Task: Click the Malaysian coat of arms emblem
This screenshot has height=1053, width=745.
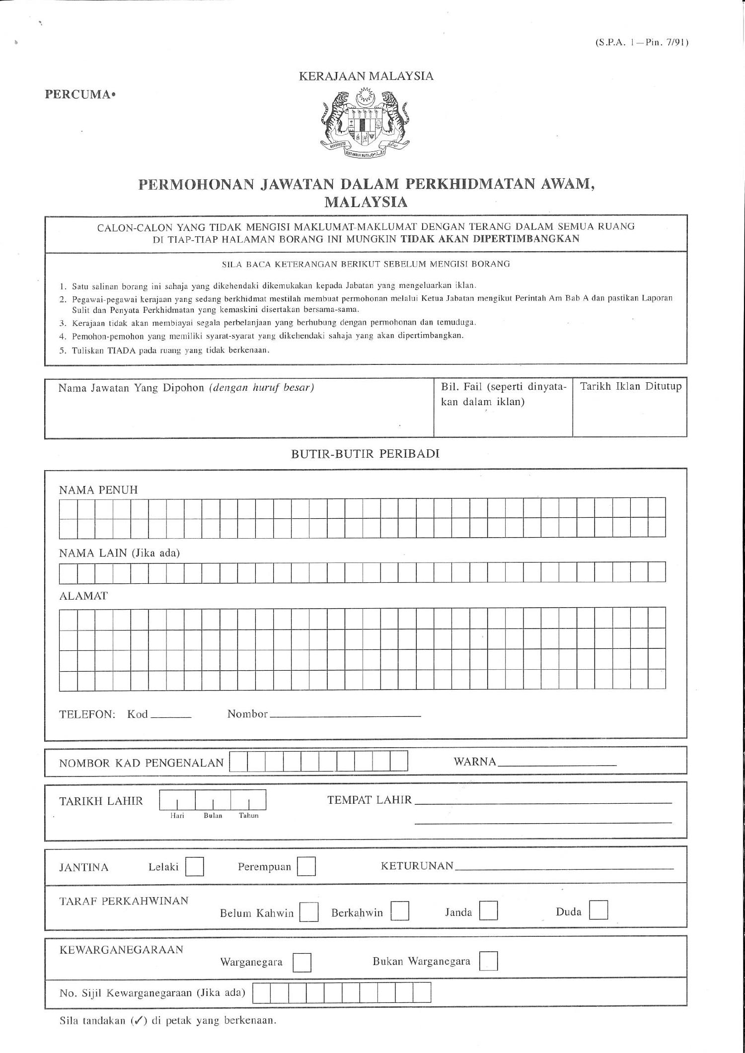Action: pyautogui.click(x=366, y=123)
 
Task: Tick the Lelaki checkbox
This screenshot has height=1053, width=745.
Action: pyautogui.click(x=194, y=867)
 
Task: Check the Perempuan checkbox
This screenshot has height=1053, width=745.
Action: pyautogui.click(x=306, y=867)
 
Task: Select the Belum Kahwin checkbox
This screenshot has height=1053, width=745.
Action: pyautogui.click(x=309, y=913)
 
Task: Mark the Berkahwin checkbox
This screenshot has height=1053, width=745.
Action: pyautogui.click(x=400, y=911)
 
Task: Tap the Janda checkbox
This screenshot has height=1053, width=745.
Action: pyautogui.click(x=489, y=911)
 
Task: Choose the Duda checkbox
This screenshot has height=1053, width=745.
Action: pyautogui.click(x=598, y=910)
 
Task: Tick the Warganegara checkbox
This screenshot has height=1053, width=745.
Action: pyautogui.click(x=302, y=963)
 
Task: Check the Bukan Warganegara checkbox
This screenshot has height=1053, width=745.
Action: pyautogui.click(x=489, y=961)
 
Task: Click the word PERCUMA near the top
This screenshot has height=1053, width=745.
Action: pyautogui.click(x=78, y=94)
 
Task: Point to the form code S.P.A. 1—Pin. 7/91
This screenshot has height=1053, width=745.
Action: pyautogui.click(x=641, y=43)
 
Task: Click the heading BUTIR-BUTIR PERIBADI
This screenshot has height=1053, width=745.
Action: pyautogui.click(x=365, y=454)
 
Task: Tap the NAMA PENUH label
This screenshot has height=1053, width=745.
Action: pyautogui.click(x=98, y=490)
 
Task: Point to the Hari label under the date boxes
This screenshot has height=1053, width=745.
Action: pyautogui.click(x=177, y=816)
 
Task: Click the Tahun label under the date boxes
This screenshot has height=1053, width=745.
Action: pyautogui.click(x=249, y=816)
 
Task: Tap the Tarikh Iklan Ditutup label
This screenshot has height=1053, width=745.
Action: pyautogui.click(x=631, y=386)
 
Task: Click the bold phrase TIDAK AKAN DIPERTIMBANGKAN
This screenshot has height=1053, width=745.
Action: pyautogui.click(x=490, y=238)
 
